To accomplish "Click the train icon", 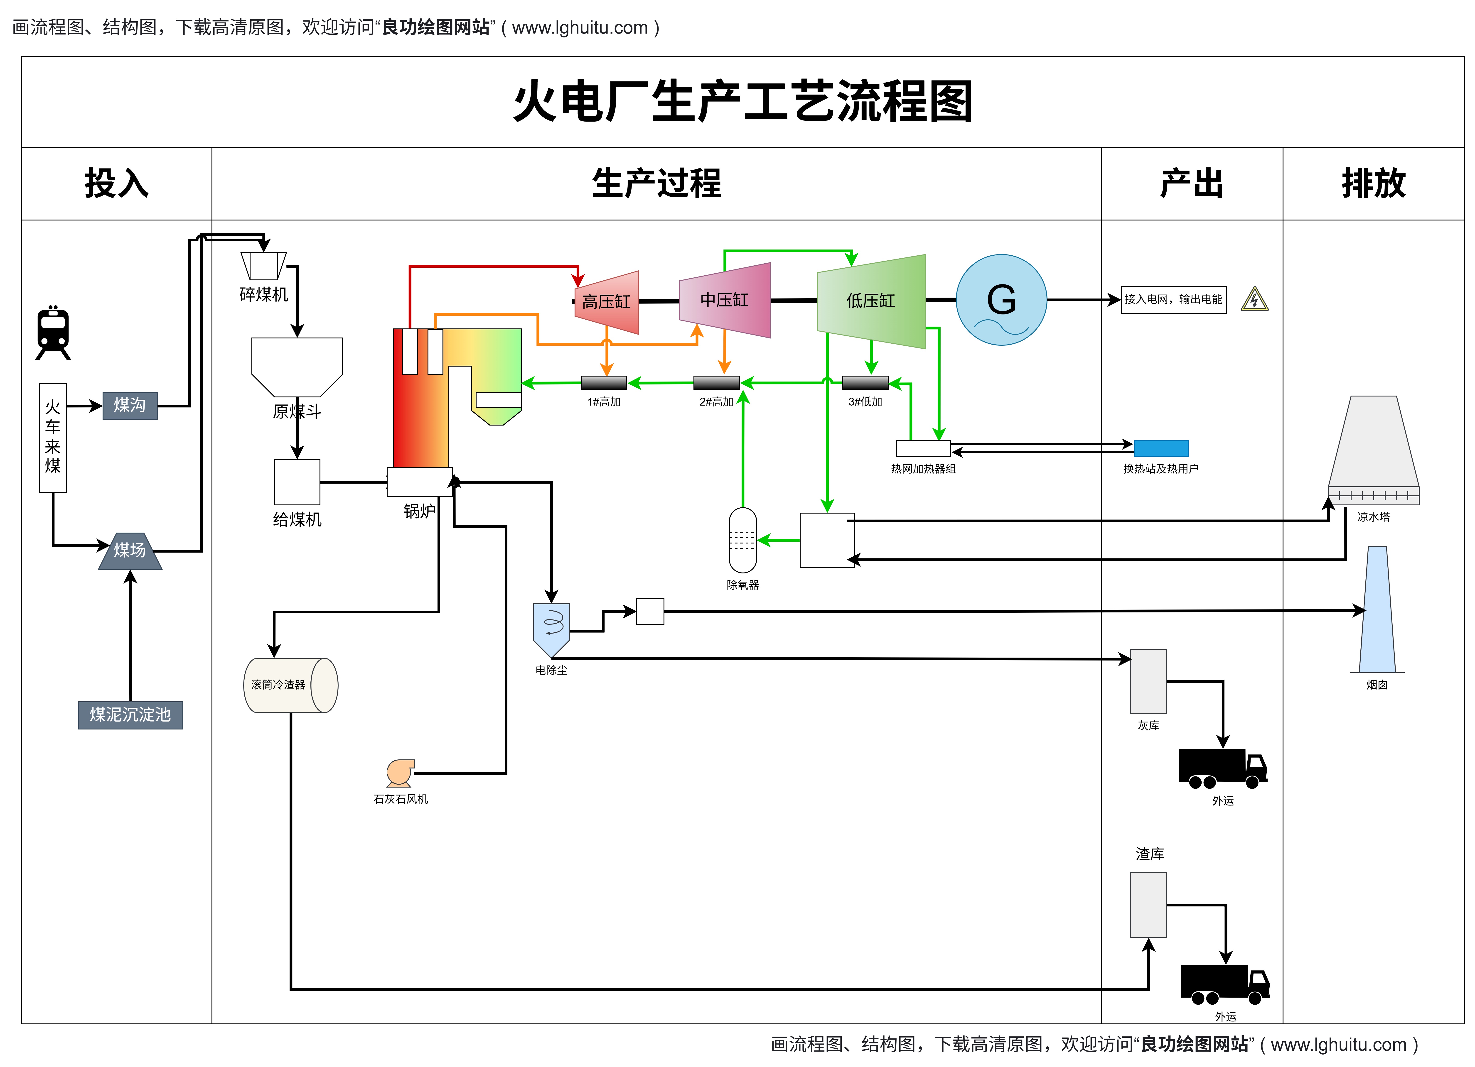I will pyautogui.click(x=53, y=332).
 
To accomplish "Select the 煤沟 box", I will pyautogui.click(x=130, y=406).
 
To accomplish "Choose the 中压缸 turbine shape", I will pyautogui.click(x=725, y=300).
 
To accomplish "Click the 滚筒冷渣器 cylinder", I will pyautogui.click(x=291, y=685).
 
